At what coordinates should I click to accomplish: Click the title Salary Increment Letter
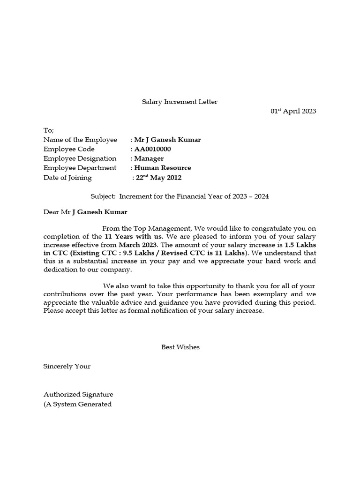(180, 102)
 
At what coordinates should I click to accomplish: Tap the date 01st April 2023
(293, 111)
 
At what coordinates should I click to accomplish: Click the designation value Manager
(149, 158)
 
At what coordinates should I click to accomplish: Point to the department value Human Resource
(162, 168)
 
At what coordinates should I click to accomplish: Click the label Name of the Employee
(80, 140)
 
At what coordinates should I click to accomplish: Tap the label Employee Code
(69, 149)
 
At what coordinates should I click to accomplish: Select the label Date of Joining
(67, 178)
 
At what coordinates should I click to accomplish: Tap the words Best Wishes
(180, 347)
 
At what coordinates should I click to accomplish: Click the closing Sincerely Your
(67, 366)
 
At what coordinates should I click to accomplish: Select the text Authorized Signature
(78, 395)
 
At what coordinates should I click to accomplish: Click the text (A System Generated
(77, 404)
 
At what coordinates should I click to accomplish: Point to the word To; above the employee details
(49, 130)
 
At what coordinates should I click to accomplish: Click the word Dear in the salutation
(51, 212)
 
